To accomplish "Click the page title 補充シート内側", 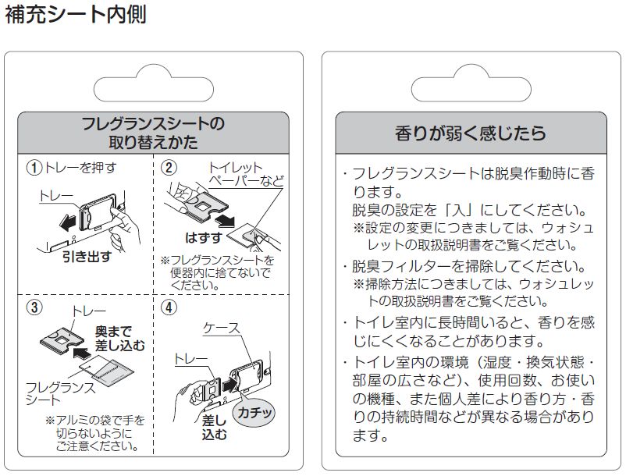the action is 76,14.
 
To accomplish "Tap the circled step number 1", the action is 34,168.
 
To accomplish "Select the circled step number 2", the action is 169,168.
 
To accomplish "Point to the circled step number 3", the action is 34,307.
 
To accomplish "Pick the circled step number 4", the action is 169,307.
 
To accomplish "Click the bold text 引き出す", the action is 87,257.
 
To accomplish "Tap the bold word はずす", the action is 203,238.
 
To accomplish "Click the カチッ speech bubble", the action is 254,412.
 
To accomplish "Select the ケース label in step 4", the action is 222,328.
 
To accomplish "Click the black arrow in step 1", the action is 68,222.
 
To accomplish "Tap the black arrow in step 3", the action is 82,353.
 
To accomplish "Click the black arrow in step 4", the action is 229,385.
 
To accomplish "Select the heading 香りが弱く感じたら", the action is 471,133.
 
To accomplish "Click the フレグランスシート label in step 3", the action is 60,393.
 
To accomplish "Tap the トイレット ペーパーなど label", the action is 246,174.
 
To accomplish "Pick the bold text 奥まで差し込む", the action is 119,339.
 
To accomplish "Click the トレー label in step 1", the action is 56,197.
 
